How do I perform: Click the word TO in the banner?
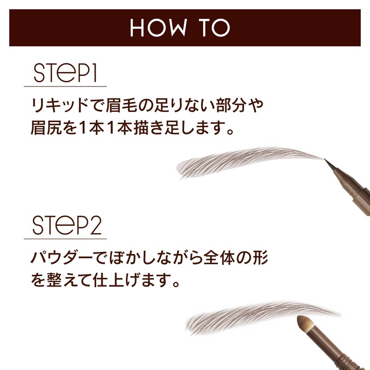213,28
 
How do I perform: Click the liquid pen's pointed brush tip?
329,163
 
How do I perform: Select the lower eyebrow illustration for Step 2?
250,317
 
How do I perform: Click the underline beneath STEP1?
65,86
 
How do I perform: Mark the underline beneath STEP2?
65,239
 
